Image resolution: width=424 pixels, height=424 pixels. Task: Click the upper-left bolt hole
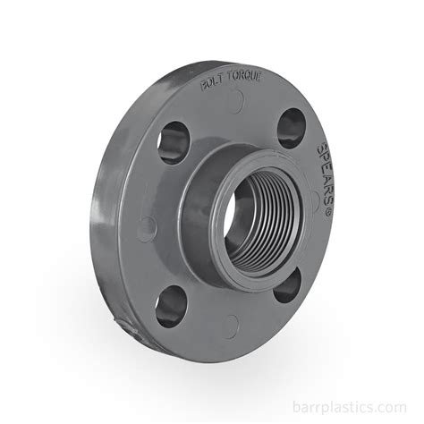coord(174,142)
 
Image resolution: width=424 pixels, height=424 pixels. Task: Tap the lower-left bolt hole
coord(171,307)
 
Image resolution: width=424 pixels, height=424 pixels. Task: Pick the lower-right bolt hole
coord(287,285)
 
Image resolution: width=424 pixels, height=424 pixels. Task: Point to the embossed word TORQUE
coord(244,76)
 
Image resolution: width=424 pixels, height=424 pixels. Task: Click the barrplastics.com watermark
coord(350,407)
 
